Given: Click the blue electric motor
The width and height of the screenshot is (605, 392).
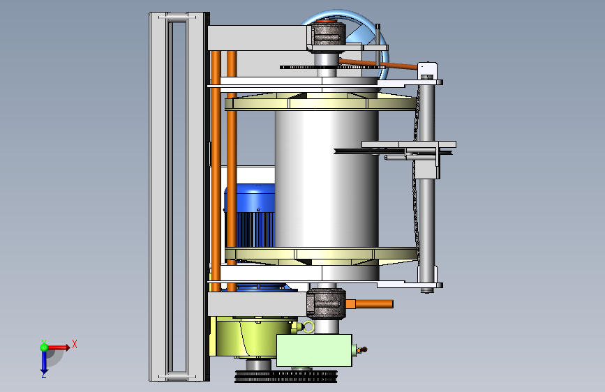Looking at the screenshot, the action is [x=250, y=216].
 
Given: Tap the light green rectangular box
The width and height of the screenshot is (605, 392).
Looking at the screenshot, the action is [x=314, y=350].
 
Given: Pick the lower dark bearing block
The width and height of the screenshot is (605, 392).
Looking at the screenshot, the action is [x=326, y=303].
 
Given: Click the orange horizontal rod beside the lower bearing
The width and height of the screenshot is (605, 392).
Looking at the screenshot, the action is [x=370, y=304].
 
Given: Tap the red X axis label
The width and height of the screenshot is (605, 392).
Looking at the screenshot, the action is [x=75, y=344].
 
